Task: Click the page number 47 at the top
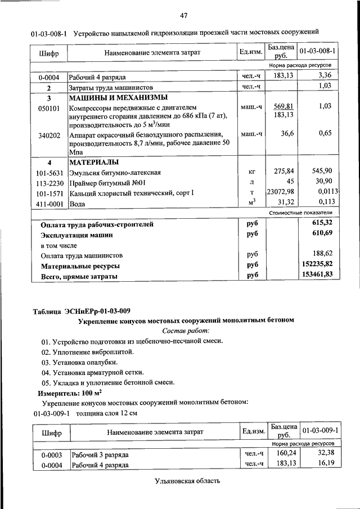coord(183,15)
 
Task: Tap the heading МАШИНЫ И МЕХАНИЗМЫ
coord(112,97)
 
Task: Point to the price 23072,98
coord(281,192)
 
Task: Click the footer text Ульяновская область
coord(186,481)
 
